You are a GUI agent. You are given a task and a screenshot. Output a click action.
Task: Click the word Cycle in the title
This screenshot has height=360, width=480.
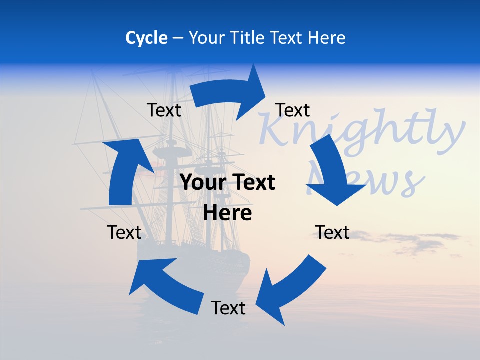click(146, 38)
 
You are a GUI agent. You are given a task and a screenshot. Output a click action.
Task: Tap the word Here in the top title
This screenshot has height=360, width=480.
click(326, 38)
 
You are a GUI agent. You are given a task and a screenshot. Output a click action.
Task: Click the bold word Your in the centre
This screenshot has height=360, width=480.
click(201, 183)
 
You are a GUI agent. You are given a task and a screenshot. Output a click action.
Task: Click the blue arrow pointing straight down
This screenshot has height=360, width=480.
click(332, 172)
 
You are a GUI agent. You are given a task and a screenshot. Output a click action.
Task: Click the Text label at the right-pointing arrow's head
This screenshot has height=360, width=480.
click(293, 110)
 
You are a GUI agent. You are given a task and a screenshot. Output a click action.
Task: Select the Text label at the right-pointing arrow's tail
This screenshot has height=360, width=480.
click(164, 110)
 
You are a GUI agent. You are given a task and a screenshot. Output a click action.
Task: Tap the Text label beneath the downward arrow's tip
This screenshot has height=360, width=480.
click(332, 232)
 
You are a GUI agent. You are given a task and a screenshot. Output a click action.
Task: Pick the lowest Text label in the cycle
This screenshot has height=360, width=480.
click(228, 308)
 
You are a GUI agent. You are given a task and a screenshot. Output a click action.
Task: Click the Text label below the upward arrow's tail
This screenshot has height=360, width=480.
click(124, 232)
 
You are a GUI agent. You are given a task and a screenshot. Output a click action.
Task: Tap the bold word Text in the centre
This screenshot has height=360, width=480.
click(253, 183)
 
